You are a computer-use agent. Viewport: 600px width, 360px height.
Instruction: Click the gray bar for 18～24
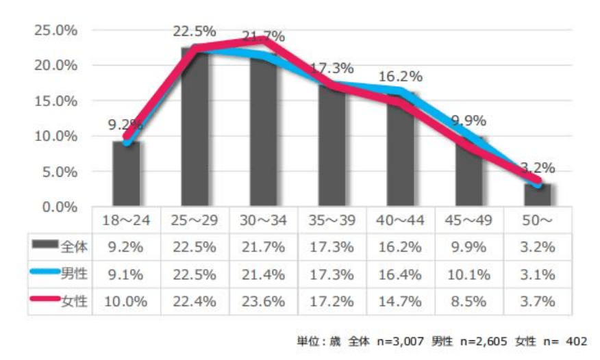click(x=126, y=174)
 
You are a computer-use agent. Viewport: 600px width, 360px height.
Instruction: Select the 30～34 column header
click(x=263, y=222)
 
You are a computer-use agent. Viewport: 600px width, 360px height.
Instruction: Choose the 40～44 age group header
click(x=400, y=222)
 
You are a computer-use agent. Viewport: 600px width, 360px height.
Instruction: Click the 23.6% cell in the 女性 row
click(x=263, y=300)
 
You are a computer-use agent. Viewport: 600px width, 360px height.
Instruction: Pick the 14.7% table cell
click(x=400, y=300)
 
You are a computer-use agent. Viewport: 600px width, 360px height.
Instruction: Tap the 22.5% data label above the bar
click(x=195, y=31)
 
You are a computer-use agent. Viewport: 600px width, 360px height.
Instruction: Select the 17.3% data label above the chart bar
click(x=332, y=68)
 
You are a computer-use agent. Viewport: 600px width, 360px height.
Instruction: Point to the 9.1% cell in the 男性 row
click(x=126, y=274)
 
